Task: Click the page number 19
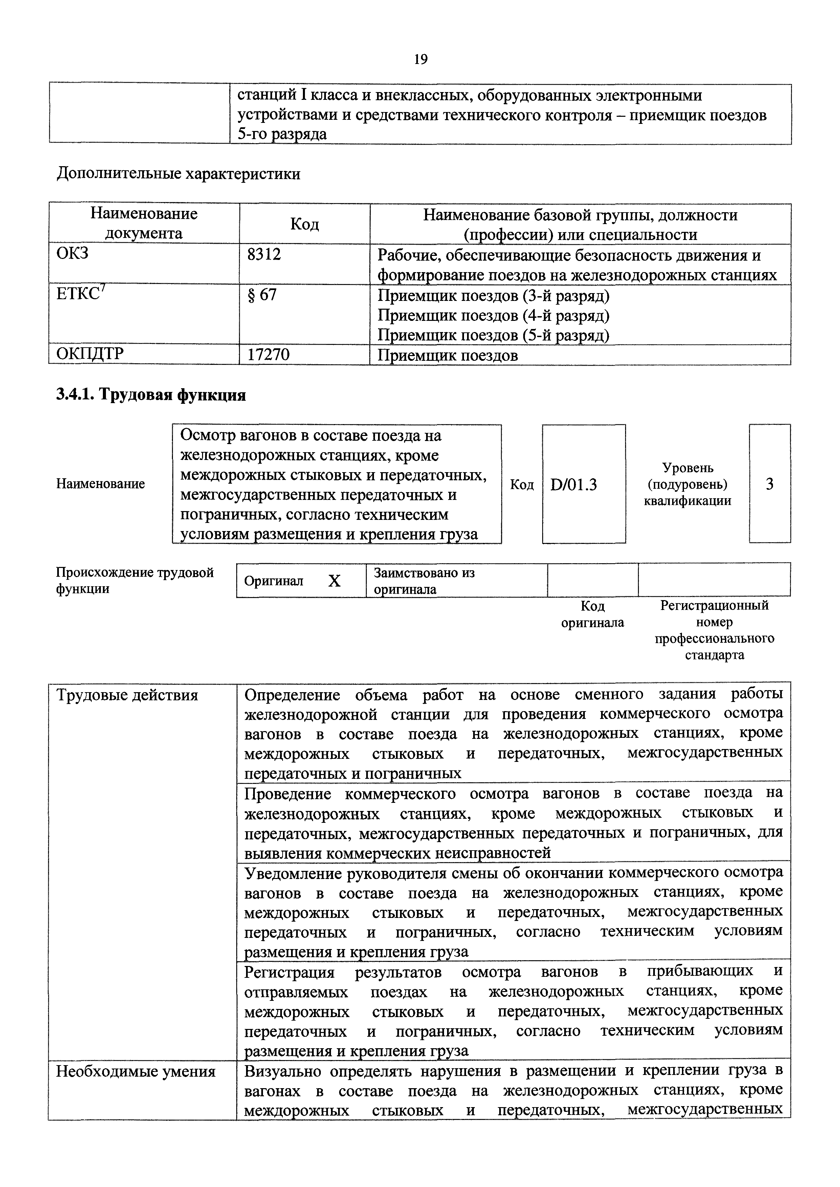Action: [x=421, y=60]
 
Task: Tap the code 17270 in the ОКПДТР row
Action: [x=268, y=354]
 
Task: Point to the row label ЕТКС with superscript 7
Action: [x=81, y=294]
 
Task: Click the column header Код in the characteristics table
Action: [x=304, y=224]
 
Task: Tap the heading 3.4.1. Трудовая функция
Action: [x=151, y=395]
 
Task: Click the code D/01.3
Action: [x=574, y=485]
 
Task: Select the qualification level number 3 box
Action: [x=769, y=484]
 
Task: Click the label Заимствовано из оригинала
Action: [x=424, y=581]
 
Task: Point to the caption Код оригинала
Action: [x=592, y=614]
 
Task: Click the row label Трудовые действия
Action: [x=127, y=695]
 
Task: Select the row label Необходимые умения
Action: [x=135, y=1071]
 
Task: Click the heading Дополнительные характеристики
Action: [x=178, y=173]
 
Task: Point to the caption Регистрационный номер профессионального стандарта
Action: [x=714, y=630]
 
